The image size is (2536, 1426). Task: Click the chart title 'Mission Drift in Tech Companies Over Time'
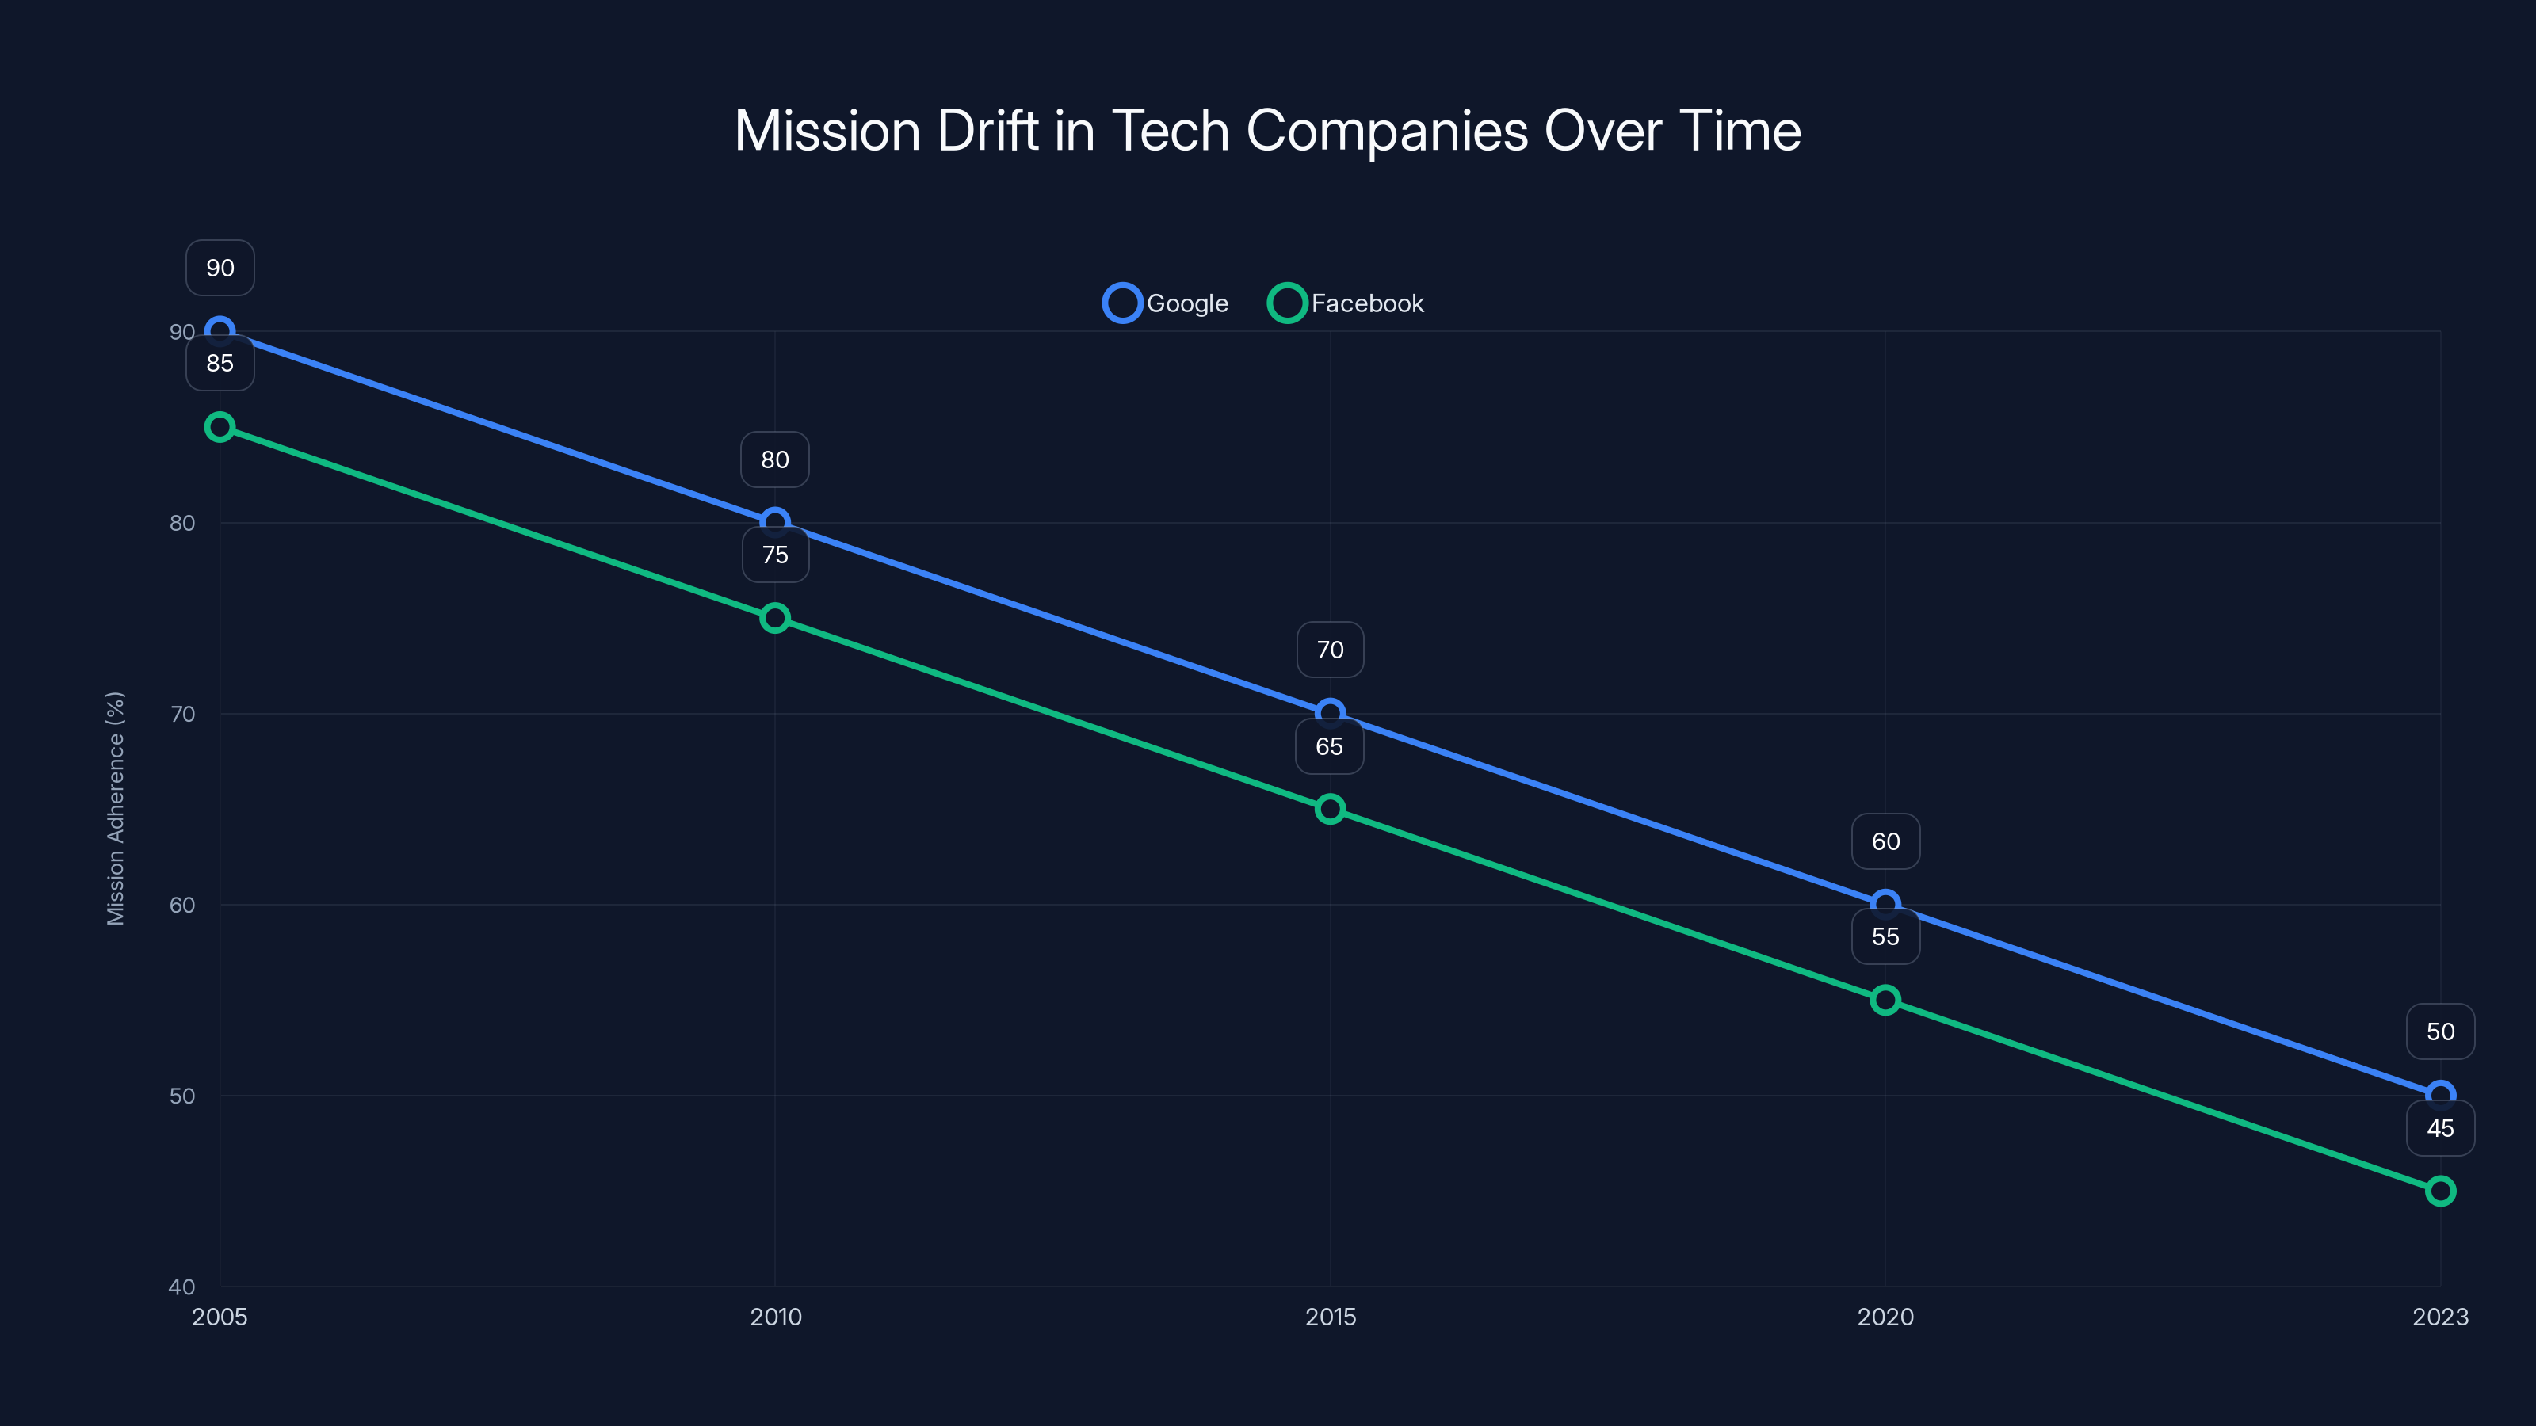pos(1267,131)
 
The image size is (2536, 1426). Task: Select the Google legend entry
pos(1167,303)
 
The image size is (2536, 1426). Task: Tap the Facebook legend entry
pos(1346,303)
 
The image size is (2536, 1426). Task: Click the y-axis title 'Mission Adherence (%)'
pos(115,808)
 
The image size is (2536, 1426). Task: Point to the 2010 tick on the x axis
pos(776,1317)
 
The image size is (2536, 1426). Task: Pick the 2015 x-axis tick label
pos(1330,1317)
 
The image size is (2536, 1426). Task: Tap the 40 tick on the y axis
pos(182,1287)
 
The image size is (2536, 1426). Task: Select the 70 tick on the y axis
pos(182,714)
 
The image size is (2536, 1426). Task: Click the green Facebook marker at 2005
pos(220,427)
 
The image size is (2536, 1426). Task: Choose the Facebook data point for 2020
pos(1885,1000)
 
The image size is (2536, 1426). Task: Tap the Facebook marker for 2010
pos(775,618)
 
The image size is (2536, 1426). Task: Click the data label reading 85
pos(220,363)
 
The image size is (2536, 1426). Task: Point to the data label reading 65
pos(1329,747)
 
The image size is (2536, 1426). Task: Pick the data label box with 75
pos(775,555)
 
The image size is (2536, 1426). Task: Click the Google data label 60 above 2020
pos(1885,841)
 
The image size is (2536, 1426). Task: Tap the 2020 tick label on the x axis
pos(1885,1317)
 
